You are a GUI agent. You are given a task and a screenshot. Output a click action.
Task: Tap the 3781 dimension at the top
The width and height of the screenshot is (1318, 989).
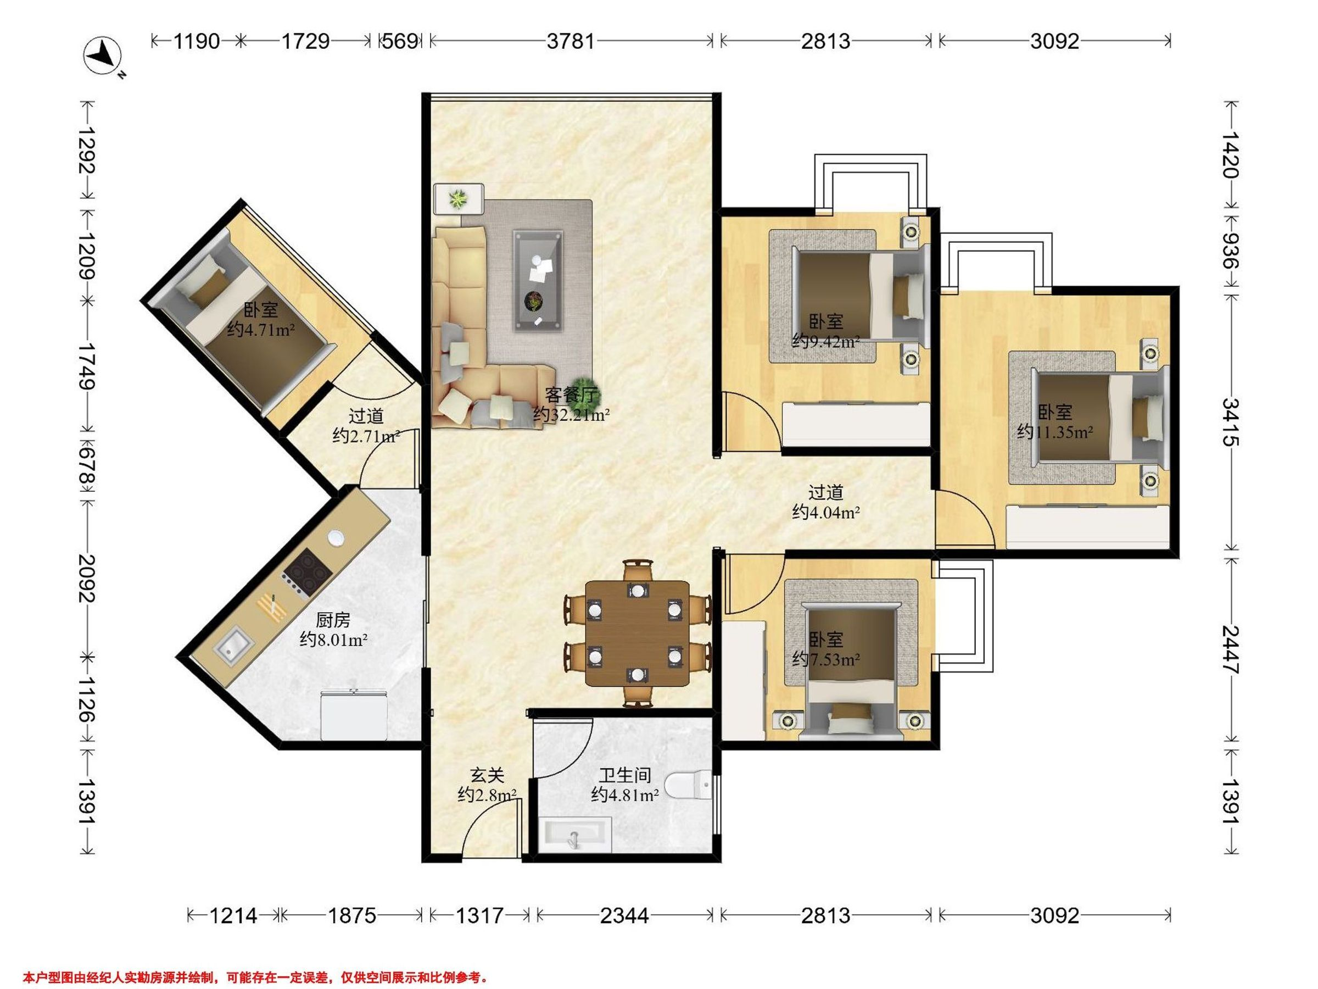570,41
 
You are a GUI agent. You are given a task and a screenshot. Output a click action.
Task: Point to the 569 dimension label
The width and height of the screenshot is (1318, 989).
400,41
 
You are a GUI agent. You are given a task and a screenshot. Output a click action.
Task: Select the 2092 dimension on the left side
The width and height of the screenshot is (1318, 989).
87,577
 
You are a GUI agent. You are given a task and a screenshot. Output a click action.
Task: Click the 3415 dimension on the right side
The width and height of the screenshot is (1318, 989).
1231,423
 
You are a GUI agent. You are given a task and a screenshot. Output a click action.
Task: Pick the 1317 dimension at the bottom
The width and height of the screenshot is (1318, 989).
479,915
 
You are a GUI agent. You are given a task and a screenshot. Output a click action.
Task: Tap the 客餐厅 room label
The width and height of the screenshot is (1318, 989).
571,395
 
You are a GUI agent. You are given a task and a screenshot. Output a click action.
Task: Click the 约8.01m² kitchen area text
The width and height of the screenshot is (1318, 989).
333,640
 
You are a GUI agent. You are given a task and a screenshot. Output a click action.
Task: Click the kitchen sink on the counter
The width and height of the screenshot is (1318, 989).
234,647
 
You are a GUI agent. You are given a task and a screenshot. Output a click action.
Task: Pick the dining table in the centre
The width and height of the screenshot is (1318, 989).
638,633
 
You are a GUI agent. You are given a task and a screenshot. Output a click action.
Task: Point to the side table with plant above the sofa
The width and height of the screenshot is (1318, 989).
458,199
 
